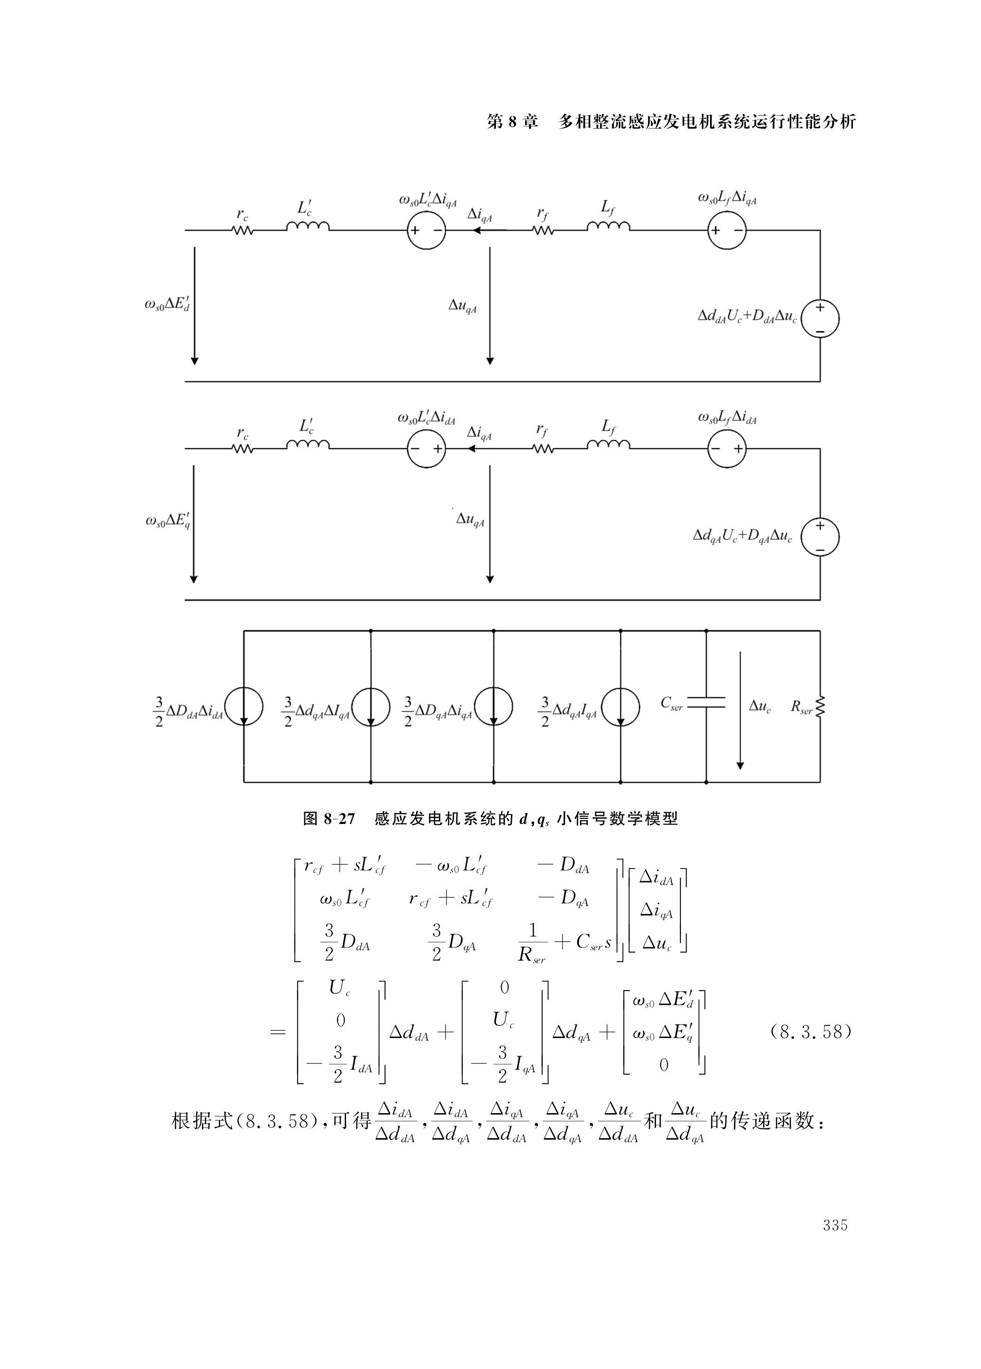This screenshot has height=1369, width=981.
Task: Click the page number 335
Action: (835, 1225)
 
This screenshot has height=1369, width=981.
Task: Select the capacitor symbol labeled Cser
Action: (706, 701)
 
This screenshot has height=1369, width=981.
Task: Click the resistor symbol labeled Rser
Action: (820, 706)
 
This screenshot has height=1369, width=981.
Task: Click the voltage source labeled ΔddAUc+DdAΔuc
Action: (820, 318)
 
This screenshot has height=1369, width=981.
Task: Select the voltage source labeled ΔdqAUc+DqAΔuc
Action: (820, 537)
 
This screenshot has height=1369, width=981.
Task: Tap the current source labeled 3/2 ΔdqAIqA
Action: (621, 706)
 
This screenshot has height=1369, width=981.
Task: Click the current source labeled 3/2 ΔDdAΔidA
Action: (244, 706)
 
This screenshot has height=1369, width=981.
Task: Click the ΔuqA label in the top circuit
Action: (463, 306)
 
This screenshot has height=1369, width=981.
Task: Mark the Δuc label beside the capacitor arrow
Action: (759, 706)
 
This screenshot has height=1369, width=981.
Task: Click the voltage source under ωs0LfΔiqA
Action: (727, 230)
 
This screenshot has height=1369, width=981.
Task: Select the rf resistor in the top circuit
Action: (543, 230)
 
